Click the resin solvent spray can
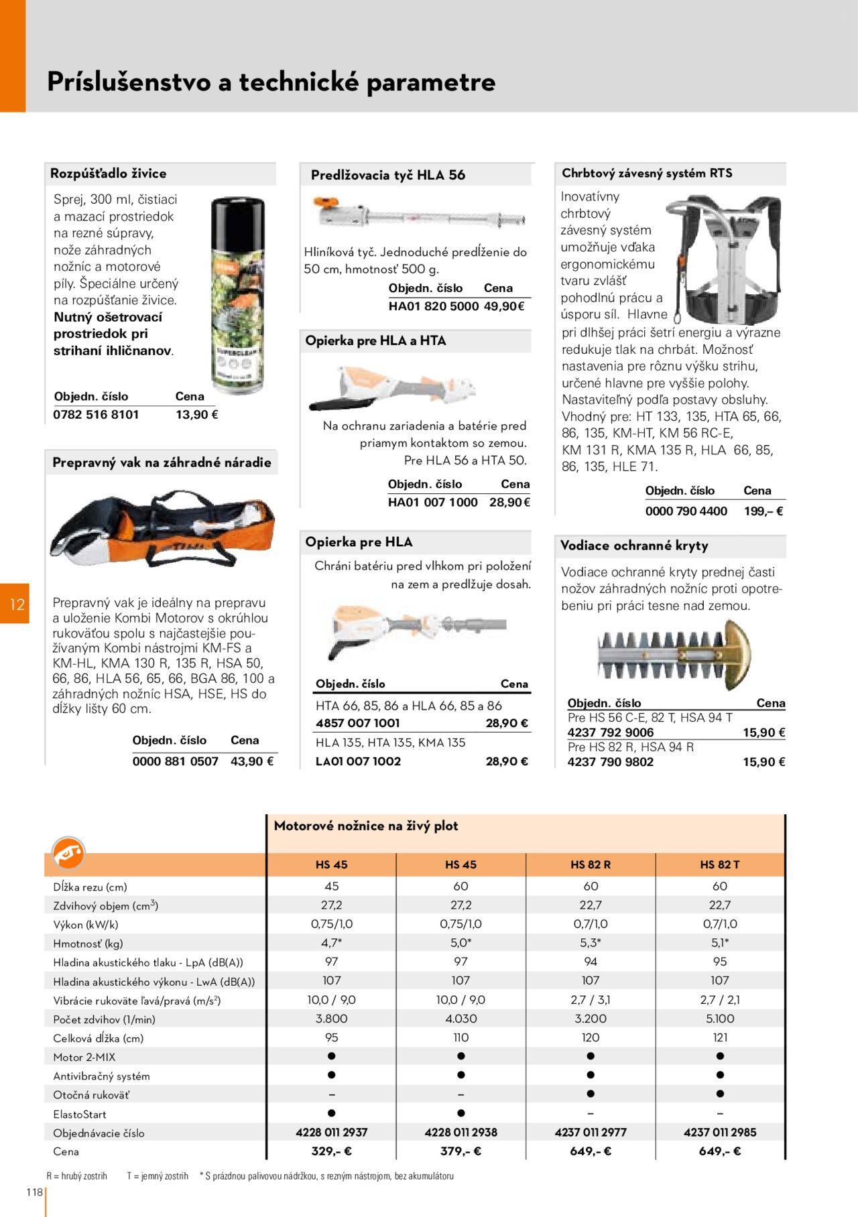(237, 296)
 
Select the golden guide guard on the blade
(727, 654)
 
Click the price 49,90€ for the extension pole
(504, 306)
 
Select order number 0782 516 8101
(96, 414)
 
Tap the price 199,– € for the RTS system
(763, 511)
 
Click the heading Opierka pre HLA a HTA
(375, 340)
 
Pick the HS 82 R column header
(591, 864)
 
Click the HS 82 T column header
(720, 864)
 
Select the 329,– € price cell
(331, 1151)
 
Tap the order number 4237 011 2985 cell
(720, 1132)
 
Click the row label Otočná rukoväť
(91, 1094)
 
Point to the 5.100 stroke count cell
(720, 1019)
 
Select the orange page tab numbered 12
(16, 604)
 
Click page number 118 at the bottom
(34, 1192)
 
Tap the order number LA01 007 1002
(358, 761)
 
